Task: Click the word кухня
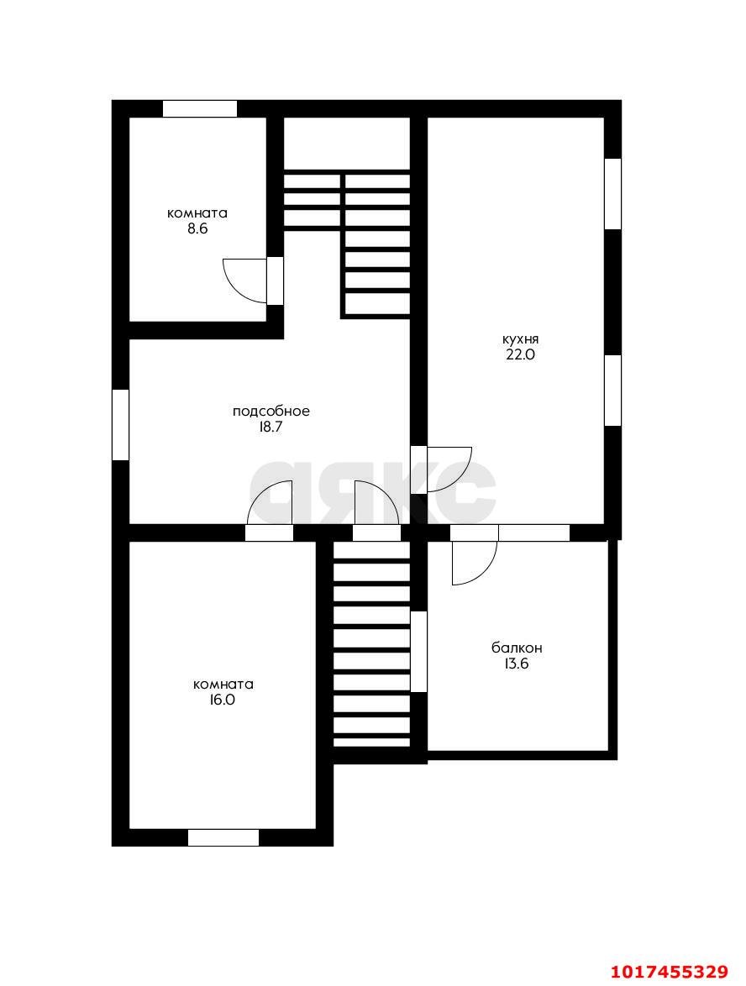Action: tap(520, 339)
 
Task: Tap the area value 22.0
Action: tap(520, 354)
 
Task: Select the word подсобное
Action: tap(271, 412)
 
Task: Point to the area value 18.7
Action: tap(271, 427)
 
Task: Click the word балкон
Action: tap(517, 648)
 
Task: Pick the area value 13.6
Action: tap(517, 663)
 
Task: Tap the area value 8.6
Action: tap(197, 228)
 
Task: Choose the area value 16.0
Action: tap(223, 700)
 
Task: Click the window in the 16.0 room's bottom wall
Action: tap(223, 837)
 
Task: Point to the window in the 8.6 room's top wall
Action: tap(200, 109)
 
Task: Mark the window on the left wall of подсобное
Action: tap(120, 424)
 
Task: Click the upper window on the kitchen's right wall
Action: tap(612, 194)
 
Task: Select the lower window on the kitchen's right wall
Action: tap(612, 391)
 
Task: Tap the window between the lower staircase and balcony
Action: tap(419, 652)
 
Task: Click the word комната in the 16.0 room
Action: tap(223, 684)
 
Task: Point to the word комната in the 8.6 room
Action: tap(197, 213)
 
